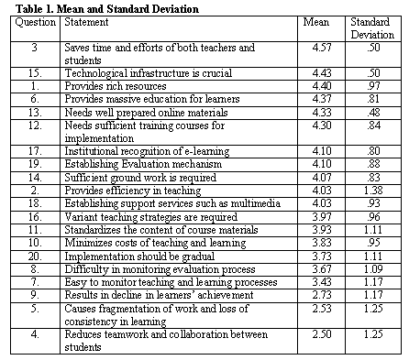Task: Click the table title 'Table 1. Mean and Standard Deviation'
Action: (x=107, y=8)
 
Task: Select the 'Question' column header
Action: (x=36, y=22)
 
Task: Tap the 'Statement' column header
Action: (x=86, y=22)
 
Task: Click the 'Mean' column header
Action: (x=316, y=22)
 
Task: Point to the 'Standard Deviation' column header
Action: (x=372, y=28)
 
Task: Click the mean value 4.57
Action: (x=322, y=48)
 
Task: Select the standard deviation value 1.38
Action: (x=373, y=191)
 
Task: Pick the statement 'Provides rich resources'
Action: (x=116, y=86)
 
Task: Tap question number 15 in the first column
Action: (x=35, y=73)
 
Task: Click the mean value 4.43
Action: (x=322, y=73)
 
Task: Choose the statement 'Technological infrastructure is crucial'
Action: (x=149, y=73)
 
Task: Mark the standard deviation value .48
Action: (x=373, y=113)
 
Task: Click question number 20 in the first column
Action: (x=35, y=256)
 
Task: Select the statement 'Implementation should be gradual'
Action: (x=139, y=256)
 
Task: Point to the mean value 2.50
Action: (x=322, y=334)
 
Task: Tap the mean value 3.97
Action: (x=322, y=217)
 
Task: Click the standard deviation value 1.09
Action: (x=373, y=269)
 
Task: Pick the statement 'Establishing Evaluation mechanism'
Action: (x=143, y=164)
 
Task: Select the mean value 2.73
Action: (x=322, y=295)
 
